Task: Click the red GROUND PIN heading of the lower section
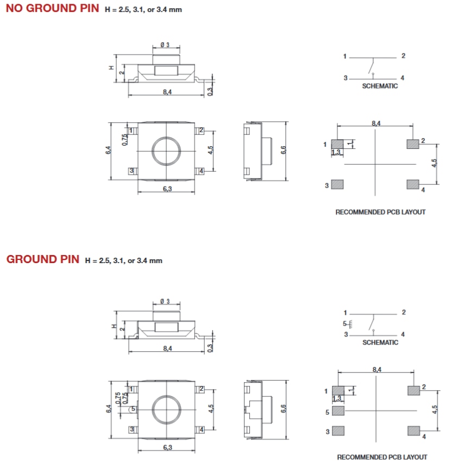43,259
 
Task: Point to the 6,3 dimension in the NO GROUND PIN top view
167,189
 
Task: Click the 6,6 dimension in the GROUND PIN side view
284,409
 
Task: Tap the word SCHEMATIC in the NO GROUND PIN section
380,86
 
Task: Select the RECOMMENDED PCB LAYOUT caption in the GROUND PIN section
382,457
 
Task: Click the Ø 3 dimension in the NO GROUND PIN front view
165,45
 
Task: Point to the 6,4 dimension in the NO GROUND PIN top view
108,151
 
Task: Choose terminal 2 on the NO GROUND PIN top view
200,130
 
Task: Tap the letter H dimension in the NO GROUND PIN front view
111,68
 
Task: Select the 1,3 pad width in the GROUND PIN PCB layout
337,398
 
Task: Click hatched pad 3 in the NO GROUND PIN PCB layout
337,184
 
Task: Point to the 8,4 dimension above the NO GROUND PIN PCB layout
376,123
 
